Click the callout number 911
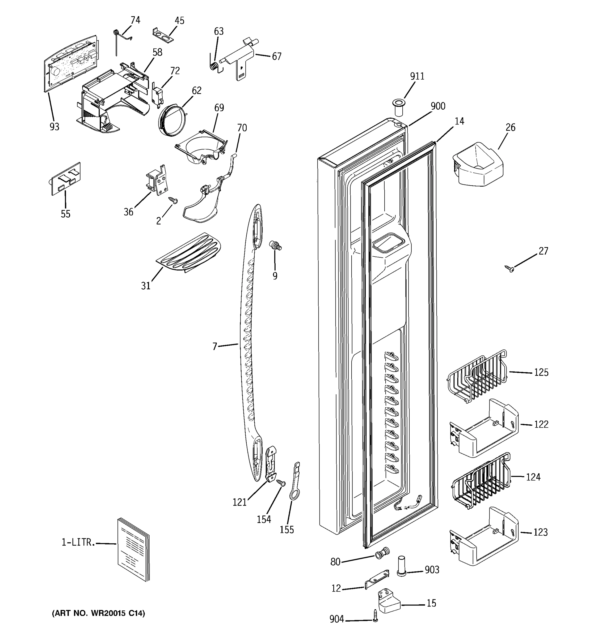pos(417,76)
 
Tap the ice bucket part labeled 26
pos(477,165)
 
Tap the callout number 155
pos(287,530)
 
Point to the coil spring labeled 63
pos(214,66)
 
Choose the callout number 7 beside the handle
pos(215,346)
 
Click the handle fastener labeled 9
pos(276,246)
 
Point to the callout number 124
pos(533,477)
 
